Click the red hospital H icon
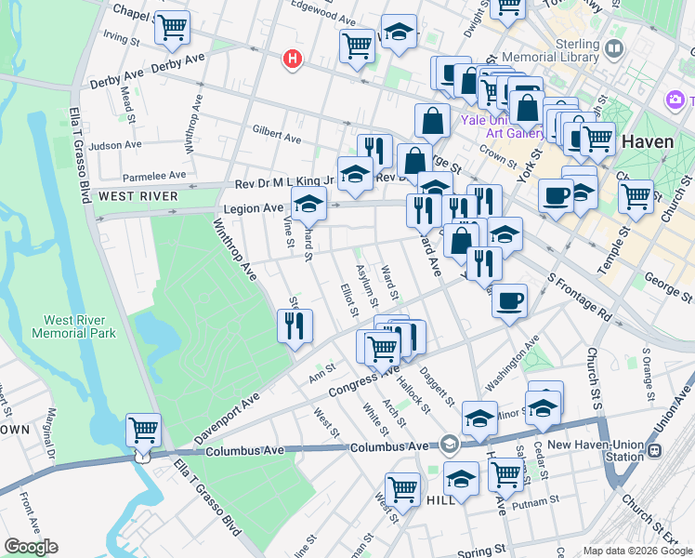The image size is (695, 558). [293, 60]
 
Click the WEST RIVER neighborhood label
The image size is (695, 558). [138, 196]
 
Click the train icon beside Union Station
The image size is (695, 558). [655, 450]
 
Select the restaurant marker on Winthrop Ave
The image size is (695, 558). [295, 325]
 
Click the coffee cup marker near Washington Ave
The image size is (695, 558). [509, 301]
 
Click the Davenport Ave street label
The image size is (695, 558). [226, 419]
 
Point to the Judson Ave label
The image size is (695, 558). [115, 145]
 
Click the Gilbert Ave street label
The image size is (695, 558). [276, 136]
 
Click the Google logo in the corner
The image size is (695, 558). [31, 547]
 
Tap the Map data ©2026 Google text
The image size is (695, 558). [636, 551]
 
